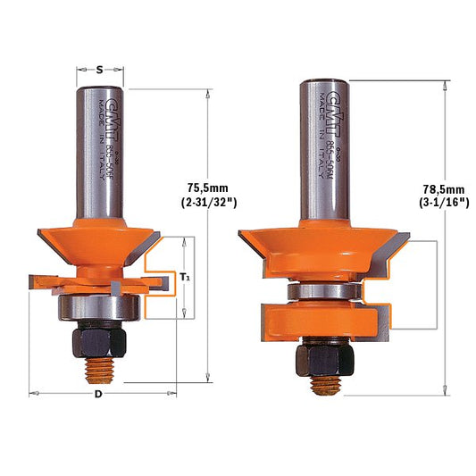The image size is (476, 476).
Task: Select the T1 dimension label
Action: [185, 278]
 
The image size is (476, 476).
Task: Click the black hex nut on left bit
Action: [97, 342]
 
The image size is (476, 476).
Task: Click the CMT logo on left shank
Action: [112, 113]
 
